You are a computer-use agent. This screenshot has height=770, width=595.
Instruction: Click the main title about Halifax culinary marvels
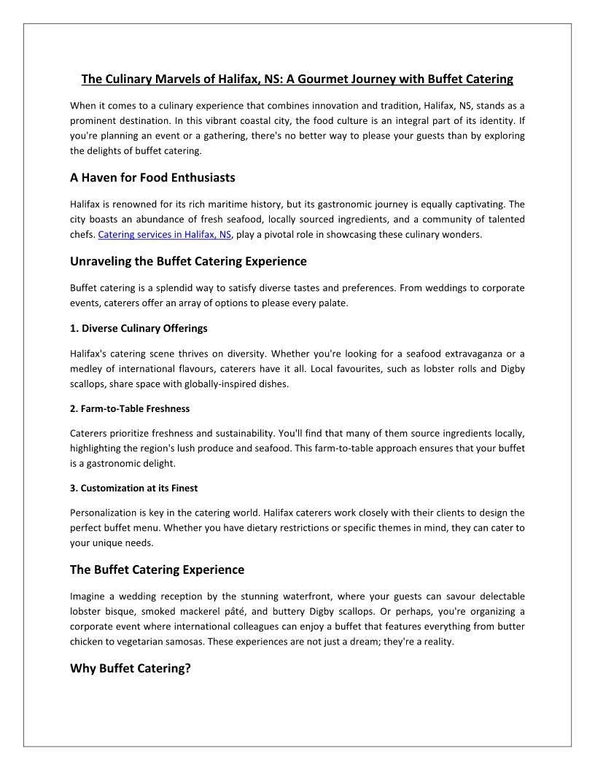(297, 79)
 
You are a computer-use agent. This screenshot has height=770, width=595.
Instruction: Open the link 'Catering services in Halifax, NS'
(164, 235)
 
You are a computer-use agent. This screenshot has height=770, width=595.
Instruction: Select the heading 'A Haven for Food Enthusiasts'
(152, 177)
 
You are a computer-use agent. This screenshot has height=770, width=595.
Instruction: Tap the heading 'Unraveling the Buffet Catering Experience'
(188, 261)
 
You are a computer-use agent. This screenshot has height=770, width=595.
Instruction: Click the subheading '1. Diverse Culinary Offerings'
(139, 328)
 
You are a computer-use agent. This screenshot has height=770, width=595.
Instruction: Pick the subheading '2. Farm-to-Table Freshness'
(130, 408)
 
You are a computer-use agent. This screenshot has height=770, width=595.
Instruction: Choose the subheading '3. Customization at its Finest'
(133, 488)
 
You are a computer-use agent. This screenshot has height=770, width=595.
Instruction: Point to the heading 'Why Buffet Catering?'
(130, 668)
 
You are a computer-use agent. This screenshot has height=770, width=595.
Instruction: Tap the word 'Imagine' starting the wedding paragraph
(88, 596)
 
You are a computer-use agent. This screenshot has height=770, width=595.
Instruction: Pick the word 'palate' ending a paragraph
(332, 303)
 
